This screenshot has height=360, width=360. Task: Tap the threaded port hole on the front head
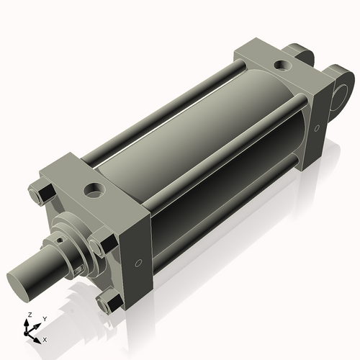click(x=94, y=191)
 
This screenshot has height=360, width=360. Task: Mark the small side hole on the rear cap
click(x=316, y=129)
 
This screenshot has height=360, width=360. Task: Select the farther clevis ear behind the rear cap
click(x=297, y=54)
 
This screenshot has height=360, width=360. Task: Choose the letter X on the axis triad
click(x=45, y=338)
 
